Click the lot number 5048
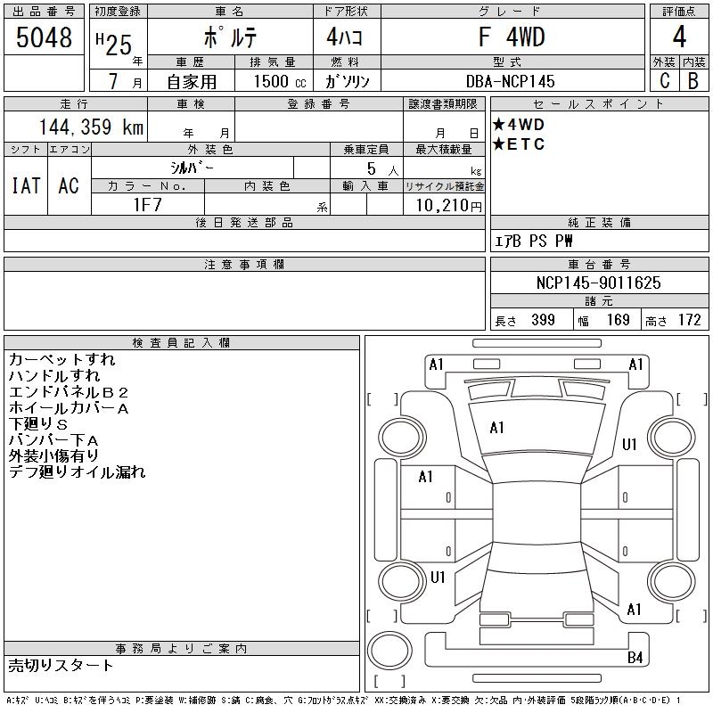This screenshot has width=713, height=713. coord(45,37)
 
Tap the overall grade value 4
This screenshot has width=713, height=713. coord(679,38)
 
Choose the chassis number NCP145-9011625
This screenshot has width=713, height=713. coord(600,283)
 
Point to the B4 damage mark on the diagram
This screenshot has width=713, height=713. coord(635,658)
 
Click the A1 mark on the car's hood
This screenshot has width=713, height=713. coord(496,428)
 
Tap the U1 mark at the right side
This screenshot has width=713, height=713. coord(629,445)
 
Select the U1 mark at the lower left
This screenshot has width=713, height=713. coord(438,578)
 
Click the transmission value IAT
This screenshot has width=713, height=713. coord(26,185)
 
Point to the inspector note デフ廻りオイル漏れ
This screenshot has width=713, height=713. coord(77,472)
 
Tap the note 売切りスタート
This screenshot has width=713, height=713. coord(61,665)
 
